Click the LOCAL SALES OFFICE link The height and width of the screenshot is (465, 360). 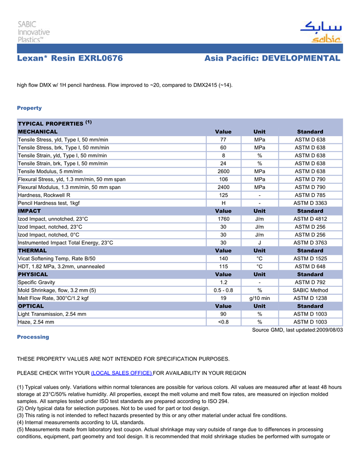point(121,373)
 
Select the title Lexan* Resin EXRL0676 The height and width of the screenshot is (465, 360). point(70,59)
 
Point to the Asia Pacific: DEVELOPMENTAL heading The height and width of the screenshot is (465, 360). point(272,59)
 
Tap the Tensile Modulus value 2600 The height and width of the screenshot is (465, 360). point(224,171)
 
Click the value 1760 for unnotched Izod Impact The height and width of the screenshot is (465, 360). point(224,219)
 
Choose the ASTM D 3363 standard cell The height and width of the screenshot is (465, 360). point(310,203)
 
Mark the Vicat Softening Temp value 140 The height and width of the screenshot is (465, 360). point(224,258)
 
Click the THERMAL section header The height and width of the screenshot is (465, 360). point(32,251)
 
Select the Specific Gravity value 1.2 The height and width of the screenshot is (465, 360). point(224,282)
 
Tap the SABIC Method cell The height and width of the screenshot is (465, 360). point(310,290)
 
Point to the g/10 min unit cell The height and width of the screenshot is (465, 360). point(260,298)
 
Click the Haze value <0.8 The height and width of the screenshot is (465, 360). point(224,322)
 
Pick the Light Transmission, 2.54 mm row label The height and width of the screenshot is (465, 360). point(52,314)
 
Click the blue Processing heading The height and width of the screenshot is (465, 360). point(33,337)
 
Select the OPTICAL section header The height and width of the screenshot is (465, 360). point(31,306)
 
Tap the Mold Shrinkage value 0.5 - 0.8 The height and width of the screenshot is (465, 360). point(224,290)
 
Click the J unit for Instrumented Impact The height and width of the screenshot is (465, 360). point(260,243)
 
